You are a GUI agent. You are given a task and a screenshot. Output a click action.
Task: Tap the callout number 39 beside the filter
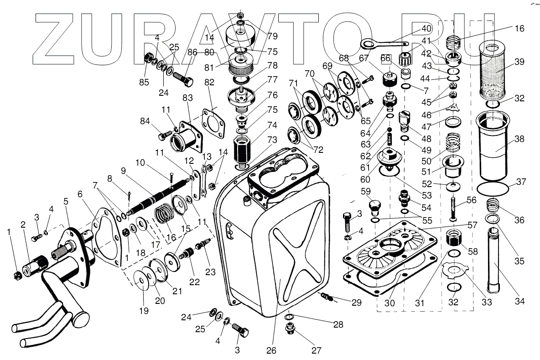[519, 63]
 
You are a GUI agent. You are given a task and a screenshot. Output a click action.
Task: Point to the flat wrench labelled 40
[383, 44]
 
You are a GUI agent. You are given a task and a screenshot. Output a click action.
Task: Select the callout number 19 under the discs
[144, 311]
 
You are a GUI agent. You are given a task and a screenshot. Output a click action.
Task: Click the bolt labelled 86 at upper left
[182, 78]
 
